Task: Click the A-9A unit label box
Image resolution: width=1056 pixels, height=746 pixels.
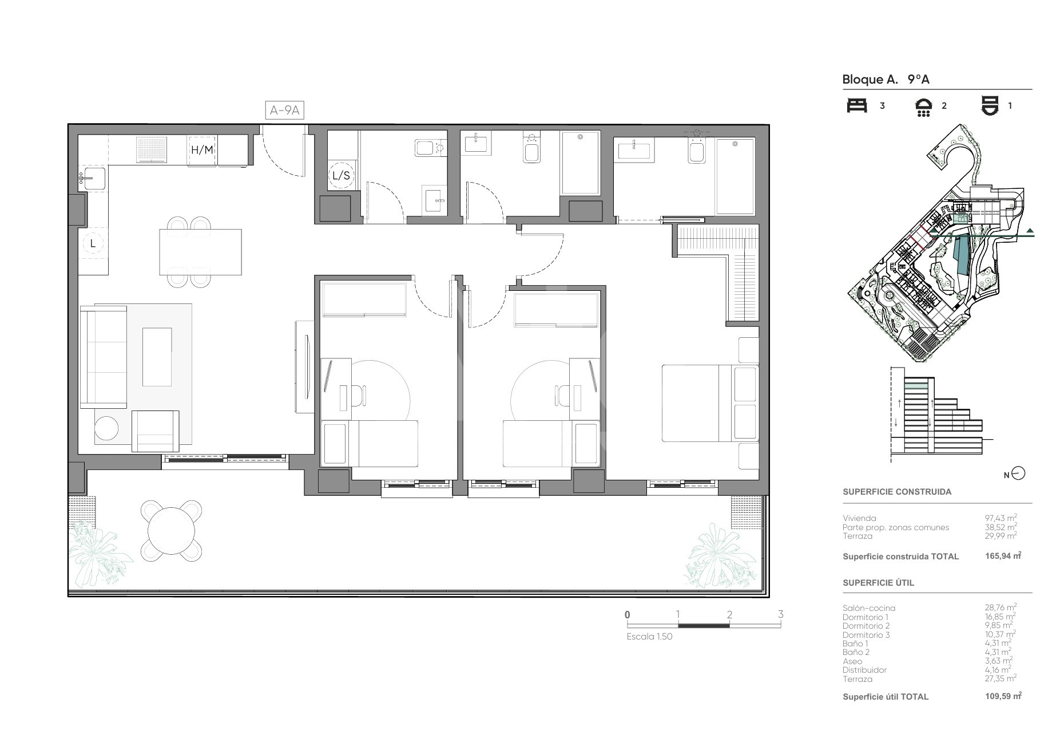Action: pyautogui.click(x=284, y=110)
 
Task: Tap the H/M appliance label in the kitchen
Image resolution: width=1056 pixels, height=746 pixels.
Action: pyautogui.click(x=202, y=151)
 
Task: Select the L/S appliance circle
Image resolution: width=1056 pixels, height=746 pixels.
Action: pyautogui.click(x=341, y=176)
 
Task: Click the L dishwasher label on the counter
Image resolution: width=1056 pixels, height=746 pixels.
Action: pyautogui.click(x=93, y=243)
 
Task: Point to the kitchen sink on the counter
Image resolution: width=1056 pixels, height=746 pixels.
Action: pyautogui.click(x=92, y=179)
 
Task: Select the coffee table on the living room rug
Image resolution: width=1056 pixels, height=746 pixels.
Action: pyautogui.click(x=157, y=357)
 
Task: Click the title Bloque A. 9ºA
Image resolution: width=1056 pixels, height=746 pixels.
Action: pyautogui.click(x=886, y=80)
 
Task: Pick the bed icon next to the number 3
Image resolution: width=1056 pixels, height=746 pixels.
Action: pyautogui.click(x=857, y=106)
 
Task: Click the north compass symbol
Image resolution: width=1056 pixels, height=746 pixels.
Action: pyautogui.click(x=1018, y=473)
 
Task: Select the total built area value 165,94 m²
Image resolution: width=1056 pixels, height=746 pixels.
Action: pyautogui.click(x=999, y=556)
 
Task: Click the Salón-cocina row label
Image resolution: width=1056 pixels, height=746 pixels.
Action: pyautogui.click(x=869, y=608)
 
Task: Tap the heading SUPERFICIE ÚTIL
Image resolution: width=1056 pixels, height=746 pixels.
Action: pyautogui.click(x=879, y=583)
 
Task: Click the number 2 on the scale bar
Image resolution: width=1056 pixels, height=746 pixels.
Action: pyautogui.click(x=729, y=615)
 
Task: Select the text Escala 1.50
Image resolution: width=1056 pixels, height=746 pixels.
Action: pyautogui.click(x=649, y=637)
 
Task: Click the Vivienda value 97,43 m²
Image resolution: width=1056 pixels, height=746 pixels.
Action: pyautogui.click(x=1001, y=518)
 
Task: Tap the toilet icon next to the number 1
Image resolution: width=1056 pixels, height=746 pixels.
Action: pyautogui.click(x=990, y=106)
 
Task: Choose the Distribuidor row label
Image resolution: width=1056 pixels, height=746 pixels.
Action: pyautogui.click(x=864, y=670)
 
